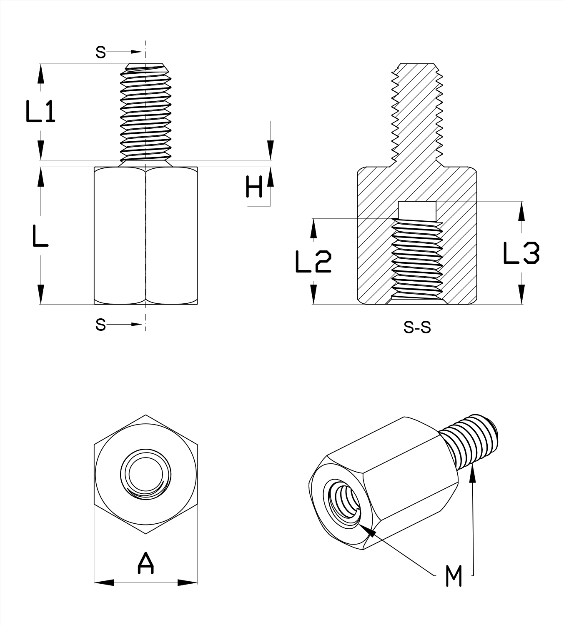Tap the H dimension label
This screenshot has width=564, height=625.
point(254,187)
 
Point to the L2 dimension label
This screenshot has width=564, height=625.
point(313,262)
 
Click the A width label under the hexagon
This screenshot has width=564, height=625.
point(145,563)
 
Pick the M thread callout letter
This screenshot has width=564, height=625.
point(454,576)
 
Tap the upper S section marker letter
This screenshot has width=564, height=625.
point(100,52)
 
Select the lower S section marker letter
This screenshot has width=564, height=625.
point(100,324)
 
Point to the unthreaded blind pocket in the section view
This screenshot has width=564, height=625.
point(417,210)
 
